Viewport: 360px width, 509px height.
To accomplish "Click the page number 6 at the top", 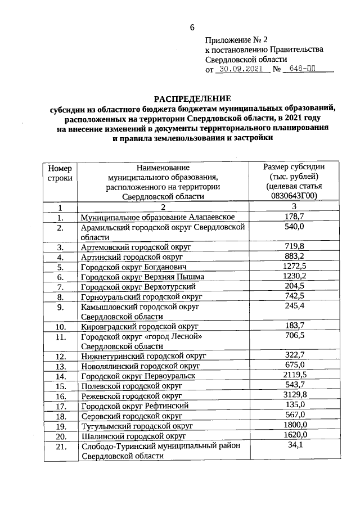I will tap(192, 28).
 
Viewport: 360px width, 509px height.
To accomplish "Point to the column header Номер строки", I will tap(60, 172).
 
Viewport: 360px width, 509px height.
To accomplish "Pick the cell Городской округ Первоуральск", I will tap(138, 376).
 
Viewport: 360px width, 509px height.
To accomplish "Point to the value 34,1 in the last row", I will tap(294, 446).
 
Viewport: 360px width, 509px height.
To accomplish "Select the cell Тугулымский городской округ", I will tap(137, 426).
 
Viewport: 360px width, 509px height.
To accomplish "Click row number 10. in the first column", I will tap(60, 327).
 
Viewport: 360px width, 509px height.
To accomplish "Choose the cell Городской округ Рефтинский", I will tap(134, 406).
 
